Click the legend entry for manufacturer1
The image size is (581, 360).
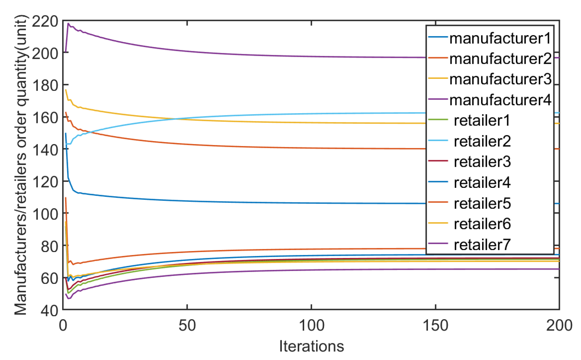pos(500,38)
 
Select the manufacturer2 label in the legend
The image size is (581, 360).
pos(500,59)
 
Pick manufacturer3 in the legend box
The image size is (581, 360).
pos(500,80)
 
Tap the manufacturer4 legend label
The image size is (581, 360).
pos(500,100)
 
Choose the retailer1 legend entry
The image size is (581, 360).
pos(482,121)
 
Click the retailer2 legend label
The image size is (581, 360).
pos(482,141)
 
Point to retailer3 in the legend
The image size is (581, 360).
pos(482,162)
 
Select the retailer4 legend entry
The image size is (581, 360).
pos(482,183)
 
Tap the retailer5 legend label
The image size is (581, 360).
pos(482,203)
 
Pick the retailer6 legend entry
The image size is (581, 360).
pos(482,224)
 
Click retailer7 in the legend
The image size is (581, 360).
pos(482,245)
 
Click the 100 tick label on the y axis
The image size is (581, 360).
pos(45,214)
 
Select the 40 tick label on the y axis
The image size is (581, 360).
pos(49,311)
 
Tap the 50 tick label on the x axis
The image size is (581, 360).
pos(187,325)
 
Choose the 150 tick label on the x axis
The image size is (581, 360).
pos(435,325)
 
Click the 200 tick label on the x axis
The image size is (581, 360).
pos(559,325)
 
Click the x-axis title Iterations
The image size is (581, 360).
pos(311,346)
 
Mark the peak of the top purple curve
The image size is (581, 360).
pos(68,23)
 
